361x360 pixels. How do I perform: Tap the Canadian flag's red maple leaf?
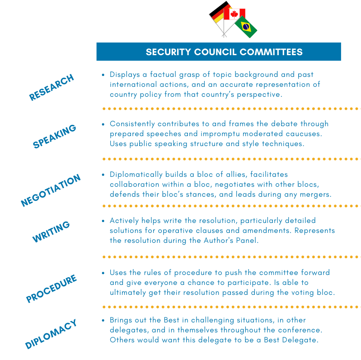[234, 14]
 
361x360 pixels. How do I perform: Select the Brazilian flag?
[246, 27]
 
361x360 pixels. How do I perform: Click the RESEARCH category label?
[51, 87]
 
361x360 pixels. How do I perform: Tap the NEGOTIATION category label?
[51, 190]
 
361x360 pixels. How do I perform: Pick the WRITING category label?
[51, 232]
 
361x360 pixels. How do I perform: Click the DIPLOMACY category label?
[51, 334]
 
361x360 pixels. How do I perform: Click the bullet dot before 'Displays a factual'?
[103, 75]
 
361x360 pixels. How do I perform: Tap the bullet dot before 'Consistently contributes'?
[103, 124]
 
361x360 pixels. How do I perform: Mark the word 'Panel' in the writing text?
[248, 241]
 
